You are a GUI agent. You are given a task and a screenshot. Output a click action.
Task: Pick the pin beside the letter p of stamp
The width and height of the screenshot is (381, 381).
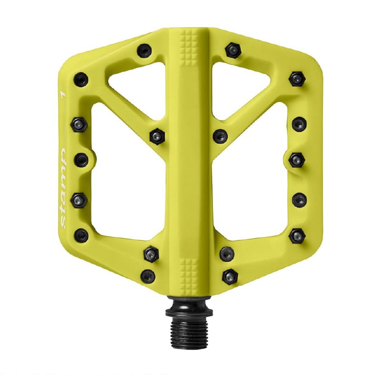pyautogui.click(x=81, y=159)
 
